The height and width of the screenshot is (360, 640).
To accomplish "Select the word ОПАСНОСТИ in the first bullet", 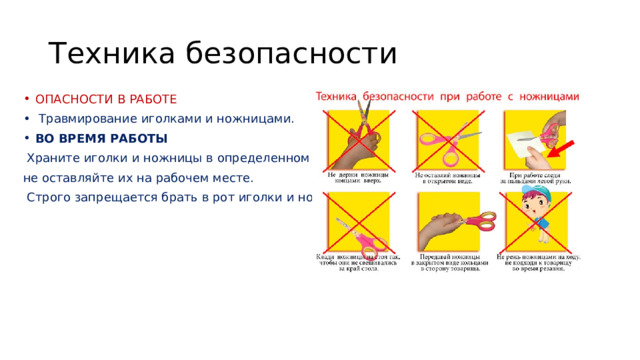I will tap(74, 100).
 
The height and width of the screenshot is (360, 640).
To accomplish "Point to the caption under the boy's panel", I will tap(536, 263).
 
